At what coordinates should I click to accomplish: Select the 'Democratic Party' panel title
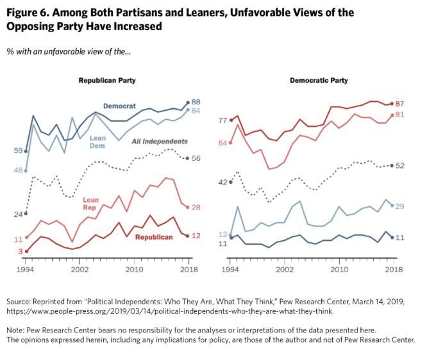click(319, 81)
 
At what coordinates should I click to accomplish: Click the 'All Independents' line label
click(159, 141)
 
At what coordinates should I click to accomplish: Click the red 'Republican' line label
click(153, 237)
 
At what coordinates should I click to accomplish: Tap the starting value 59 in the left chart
click(18, 151)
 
